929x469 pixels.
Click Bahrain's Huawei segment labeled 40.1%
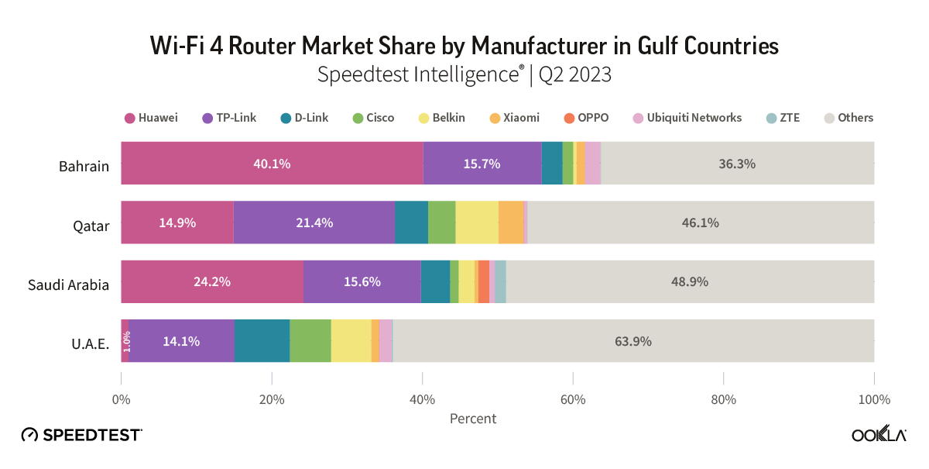tap(272, 164)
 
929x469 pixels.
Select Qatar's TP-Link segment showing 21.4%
tap(314, 222)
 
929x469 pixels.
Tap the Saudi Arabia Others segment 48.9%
tap(690, 281)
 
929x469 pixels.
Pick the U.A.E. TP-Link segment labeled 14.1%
tap(181, 341)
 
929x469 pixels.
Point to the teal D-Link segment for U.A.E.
tap(262, 341)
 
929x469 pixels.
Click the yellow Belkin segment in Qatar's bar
tap(477, 222)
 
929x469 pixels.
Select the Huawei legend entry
tap(151, 118)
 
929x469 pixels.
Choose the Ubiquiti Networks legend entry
tap(687, 118)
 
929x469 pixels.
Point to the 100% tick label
tap(873, 400)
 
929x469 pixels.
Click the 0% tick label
tap(122, 400)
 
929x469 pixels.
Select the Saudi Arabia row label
tap(68, 285)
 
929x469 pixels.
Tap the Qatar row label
tap(91, 226)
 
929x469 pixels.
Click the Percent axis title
tap(473, 419)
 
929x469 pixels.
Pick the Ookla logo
tap(879, 435)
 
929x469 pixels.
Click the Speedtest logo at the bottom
tap(81, 435)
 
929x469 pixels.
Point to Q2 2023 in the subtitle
tap(574, 75)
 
